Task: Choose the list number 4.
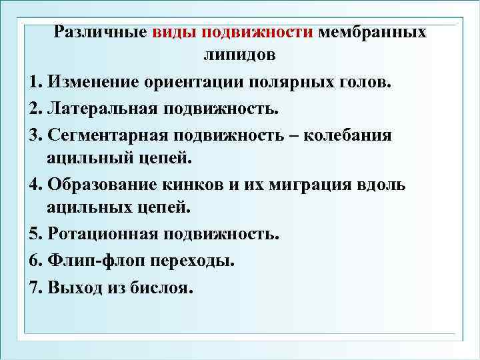click(x=35, y=185)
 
